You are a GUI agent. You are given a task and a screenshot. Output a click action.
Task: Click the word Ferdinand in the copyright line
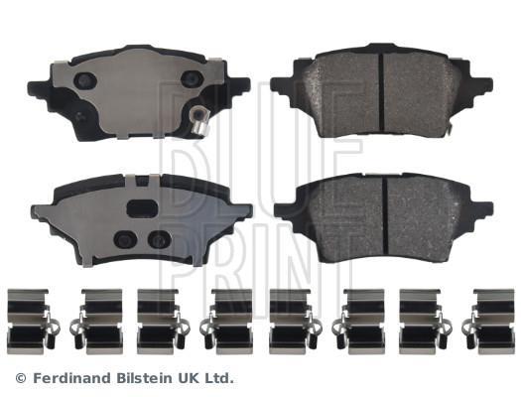71,378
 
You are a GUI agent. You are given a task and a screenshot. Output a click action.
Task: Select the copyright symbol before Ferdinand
21,378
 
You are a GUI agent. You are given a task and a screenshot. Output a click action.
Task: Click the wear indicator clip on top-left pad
199,120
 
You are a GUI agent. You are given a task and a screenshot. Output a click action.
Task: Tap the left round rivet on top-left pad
85,80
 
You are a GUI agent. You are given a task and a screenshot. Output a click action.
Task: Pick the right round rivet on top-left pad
192,79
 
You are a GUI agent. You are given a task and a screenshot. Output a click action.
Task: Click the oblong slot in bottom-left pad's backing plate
142,208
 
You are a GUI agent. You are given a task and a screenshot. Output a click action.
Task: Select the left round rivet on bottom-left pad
125,239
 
